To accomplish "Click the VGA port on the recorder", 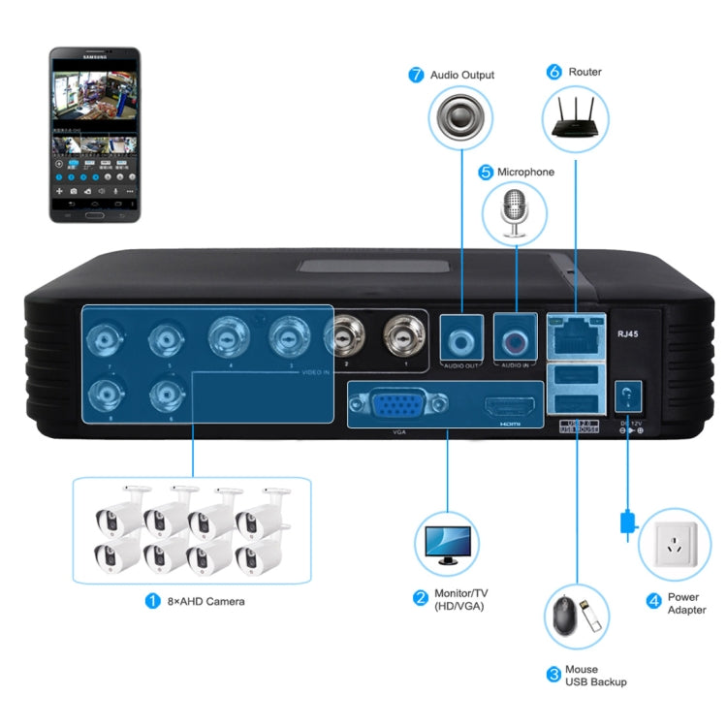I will (397, 404).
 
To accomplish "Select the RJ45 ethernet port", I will (574, 336).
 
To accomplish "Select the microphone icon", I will (515, 214).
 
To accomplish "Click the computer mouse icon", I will (563, 616).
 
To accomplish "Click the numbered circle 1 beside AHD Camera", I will (152, 601).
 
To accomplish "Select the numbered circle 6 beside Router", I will (553, 72).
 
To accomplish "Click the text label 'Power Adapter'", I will (687, 603).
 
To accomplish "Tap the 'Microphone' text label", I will (525, 172).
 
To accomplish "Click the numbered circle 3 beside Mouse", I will (553, 675).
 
